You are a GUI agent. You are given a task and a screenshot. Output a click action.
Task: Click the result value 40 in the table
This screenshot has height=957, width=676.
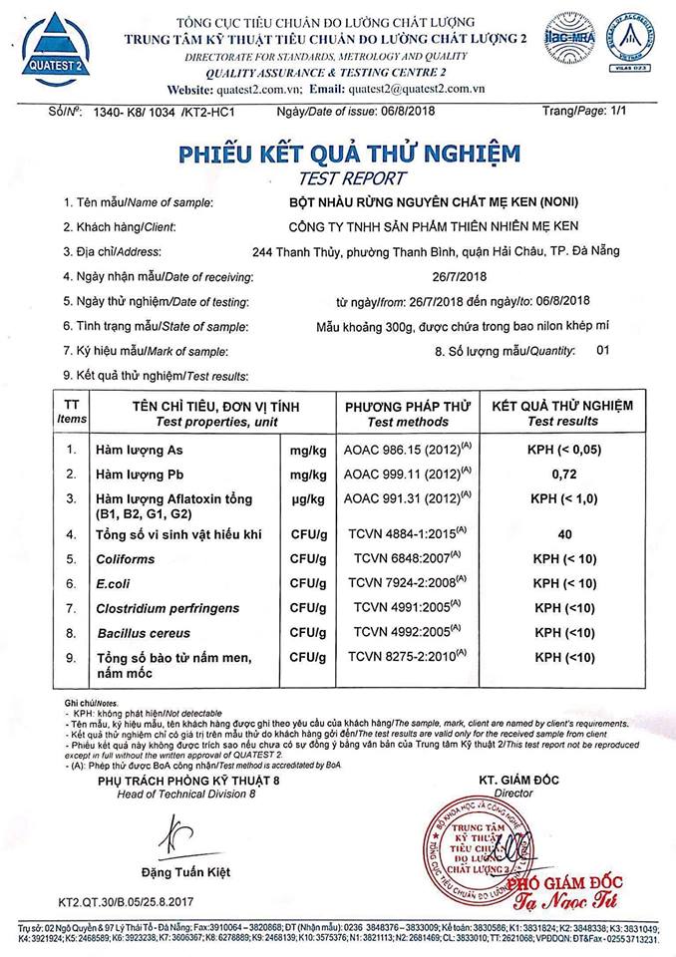pyautogui.click(x=564, y=535)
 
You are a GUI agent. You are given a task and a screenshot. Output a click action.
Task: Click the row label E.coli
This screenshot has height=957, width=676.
pyautogui.click(x=114, y=583)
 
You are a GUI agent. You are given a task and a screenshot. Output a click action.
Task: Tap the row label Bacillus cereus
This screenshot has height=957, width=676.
pyautogui.click(x=145, y=632)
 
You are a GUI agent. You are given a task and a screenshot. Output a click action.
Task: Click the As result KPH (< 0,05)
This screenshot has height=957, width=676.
pyautogui.click(x=564, y=450)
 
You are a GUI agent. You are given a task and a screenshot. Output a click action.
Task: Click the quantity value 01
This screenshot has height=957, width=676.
pyautogui.click(x=601, y=351)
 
